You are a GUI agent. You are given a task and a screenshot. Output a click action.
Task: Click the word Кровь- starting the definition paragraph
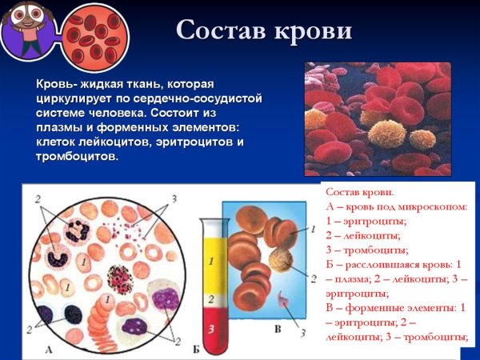(58, 83)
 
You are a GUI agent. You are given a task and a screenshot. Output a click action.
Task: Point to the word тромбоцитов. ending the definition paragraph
(77, 156)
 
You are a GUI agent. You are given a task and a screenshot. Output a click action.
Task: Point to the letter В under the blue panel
(277, 329)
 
